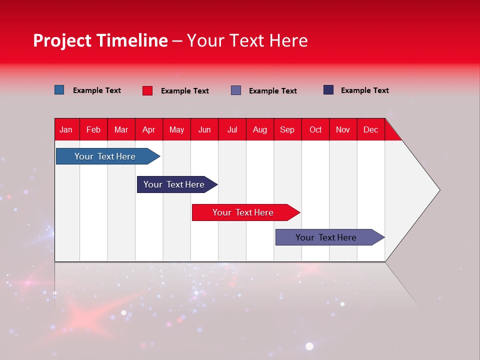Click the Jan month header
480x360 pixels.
coord(66,129)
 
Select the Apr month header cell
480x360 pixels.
coord(149,129)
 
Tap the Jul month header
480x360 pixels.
coord(232,129)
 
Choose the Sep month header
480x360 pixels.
coord(287,129)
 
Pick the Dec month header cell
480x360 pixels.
coord(370,129)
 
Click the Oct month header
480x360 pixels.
coord(315,129)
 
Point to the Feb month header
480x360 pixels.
coord(93,129)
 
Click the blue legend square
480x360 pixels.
coord(59,90)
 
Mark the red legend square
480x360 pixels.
coord(147,90)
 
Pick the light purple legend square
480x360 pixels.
coord(236,90)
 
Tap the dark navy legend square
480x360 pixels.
coord(328,90)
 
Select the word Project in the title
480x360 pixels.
coord(62,40)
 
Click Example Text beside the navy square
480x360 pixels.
coord(364,90)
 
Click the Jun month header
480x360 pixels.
coord(204,129)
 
